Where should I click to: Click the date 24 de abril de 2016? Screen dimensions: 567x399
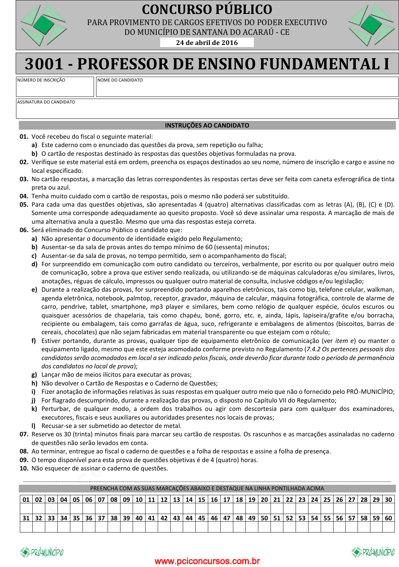coord(207,43)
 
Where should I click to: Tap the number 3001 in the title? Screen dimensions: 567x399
coord(44,64)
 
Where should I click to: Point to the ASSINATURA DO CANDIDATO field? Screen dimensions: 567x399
coord(207,111)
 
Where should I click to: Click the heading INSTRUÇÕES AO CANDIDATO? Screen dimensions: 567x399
coord(207,125)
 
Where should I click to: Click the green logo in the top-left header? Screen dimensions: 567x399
coord(44,25)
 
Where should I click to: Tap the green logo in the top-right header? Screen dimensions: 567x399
coord(371,25)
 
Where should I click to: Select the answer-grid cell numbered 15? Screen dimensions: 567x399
coord(202,499)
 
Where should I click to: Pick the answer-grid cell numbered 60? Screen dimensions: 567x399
coord(389,518)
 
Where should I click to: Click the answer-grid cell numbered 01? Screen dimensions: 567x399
coord(26,499)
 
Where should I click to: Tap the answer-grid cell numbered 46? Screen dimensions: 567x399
coord(214,518)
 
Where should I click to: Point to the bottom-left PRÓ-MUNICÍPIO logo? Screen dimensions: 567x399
coord(42,552)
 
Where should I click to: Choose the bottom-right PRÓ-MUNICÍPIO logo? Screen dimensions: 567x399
coord(373,552)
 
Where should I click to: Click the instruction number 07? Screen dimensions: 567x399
coord(24,434)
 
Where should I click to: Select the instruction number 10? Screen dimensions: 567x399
coord(24,468)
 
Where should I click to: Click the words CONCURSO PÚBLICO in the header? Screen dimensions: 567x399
coord(207,9)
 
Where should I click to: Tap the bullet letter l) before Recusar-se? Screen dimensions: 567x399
coord(33,426)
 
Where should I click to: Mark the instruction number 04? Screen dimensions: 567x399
coord(24,196)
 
